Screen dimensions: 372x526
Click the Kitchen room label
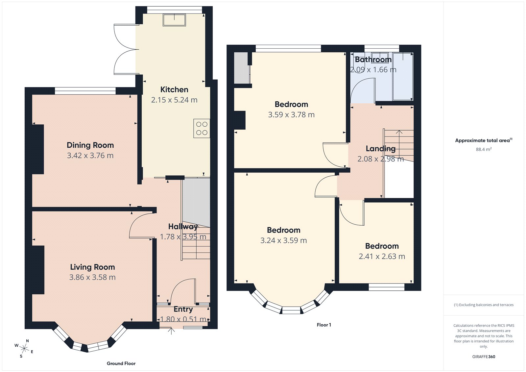coord(174,89)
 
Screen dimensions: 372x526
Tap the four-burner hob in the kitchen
coord(202,128)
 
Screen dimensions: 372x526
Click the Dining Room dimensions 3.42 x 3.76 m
coord(90,156)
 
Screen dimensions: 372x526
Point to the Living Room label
coord(92,267)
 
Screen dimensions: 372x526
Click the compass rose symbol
coord(24,348)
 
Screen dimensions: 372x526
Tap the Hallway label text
coord(183,226)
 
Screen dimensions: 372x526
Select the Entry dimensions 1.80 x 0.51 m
coord(183,319)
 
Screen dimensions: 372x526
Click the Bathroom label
coord(373,60)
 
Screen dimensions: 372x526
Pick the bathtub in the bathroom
coord(403,76)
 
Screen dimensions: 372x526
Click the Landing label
coord(380,149)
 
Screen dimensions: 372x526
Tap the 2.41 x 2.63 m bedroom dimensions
coord(382,257)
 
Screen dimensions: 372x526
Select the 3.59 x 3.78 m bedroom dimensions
coord(291,115)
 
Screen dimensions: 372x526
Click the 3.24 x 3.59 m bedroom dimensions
coord(283,240)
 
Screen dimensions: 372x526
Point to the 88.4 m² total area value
coord(484,149)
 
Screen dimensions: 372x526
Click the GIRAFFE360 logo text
coord(484,357)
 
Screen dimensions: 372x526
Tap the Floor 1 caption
coord(324,325)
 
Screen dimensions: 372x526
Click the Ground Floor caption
coord(121,363)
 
